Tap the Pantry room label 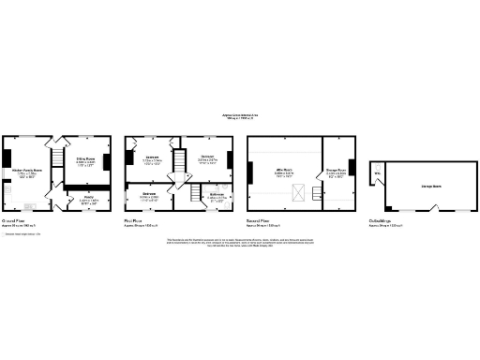click(x=87, y=197)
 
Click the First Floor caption click(x=137, y=222)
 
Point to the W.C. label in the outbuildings click(x=378, y=173)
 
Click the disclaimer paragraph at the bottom click(x=240, y=242)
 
